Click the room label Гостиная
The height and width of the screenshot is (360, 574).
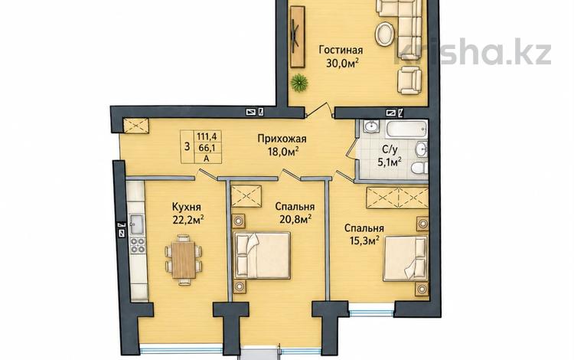coord(341,50)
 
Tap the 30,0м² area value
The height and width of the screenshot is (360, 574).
coord(342,64)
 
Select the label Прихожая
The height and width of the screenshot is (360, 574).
coord(282,139)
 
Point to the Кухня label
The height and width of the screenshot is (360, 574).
coord(186,207)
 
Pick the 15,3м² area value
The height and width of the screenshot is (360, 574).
coord(362,242)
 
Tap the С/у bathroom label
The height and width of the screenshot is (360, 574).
coord(390,149)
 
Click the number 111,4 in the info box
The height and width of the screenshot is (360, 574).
coord(207,136)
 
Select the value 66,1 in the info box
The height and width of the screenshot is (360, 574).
coord(207,148)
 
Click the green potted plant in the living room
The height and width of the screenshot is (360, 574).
coord(299,82)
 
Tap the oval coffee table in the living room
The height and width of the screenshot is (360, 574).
coord(385,34)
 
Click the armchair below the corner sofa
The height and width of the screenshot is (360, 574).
coord(409,80)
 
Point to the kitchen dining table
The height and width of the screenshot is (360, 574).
coord(183,260)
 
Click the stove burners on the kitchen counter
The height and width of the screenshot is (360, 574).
coord(137,245)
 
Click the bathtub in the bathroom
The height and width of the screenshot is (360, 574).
coord(406,129)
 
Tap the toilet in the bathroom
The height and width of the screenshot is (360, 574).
coord(419,169)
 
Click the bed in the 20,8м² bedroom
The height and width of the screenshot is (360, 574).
coord(262,256)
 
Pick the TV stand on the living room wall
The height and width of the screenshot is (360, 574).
coord(297,36)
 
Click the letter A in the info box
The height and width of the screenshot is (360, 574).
coord(207,159)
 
